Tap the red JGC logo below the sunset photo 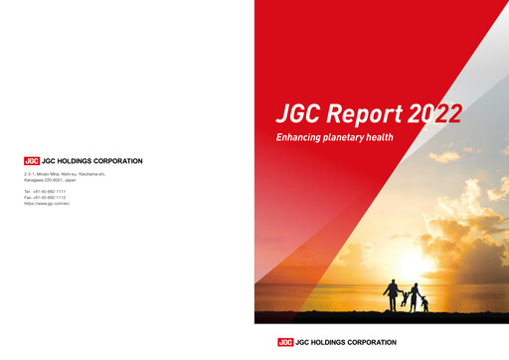click(x=286, y=342)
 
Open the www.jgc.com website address click(x=50, y=203)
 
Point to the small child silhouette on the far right click(x=424, y=303)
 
